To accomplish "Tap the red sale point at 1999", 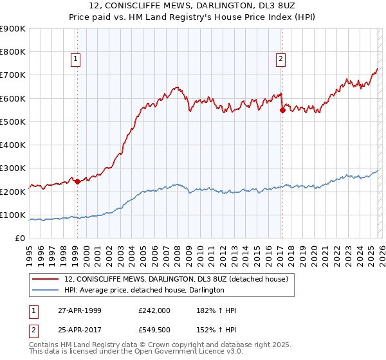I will click(x=77, y=181).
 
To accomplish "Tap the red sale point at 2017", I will click(x=282, y=110).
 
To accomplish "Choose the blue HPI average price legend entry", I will click(x=144, y=291).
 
